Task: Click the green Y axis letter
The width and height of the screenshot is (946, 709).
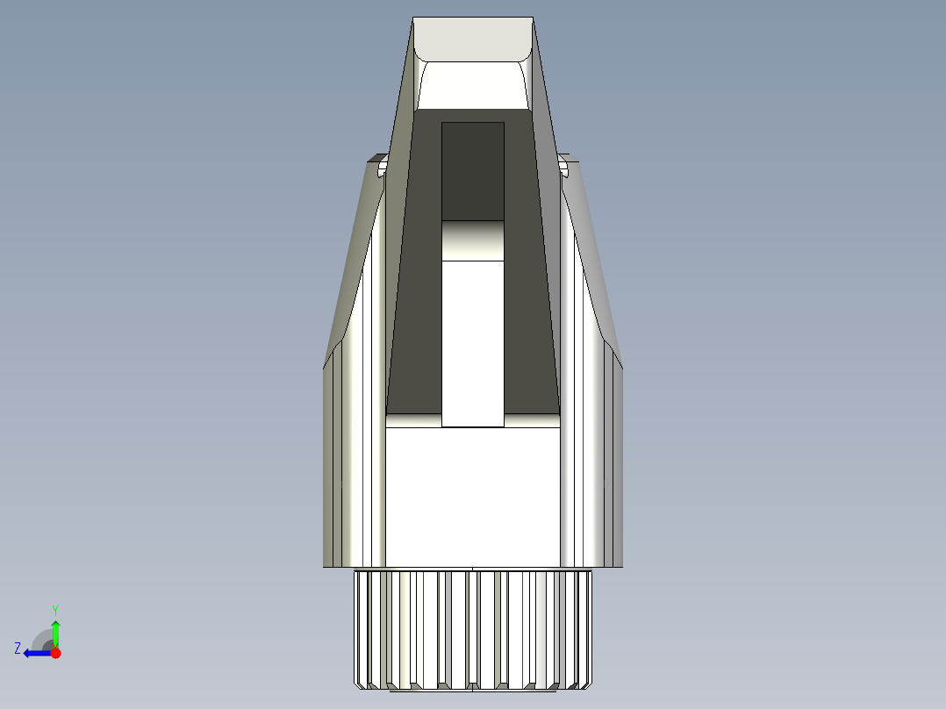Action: tap(55, 609)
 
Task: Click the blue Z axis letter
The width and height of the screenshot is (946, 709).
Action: tap(18, 648)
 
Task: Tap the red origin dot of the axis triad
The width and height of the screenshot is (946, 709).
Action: tap(55, 653)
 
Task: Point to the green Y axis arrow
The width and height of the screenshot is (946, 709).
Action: tap(55, 633)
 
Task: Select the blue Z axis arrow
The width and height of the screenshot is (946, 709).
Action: tap(36, 653)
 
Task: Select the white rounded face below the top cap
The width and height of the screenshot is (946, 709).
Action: tap(473, 85)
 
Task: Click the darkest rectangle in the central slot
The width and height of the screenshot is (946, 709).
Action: tap(473, 171)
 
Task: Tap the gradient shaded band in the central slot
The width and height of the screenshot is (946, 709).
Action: tap(473, 240)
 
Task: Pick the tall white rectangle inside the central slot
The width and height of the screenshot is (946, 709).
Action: tap(473, 342)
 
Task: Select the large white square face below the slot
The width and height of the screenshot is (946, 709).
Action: tap(473, 496)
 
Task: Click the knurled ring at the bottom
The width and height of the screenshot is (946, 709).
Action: tap(473, 627)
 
